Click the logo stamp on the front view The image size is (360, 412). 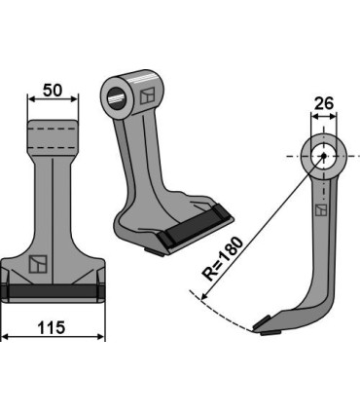(37, 264)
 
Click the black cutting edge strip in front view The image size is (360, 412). (53, 292)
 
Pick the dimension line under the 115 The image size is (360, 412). (53, 335)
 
